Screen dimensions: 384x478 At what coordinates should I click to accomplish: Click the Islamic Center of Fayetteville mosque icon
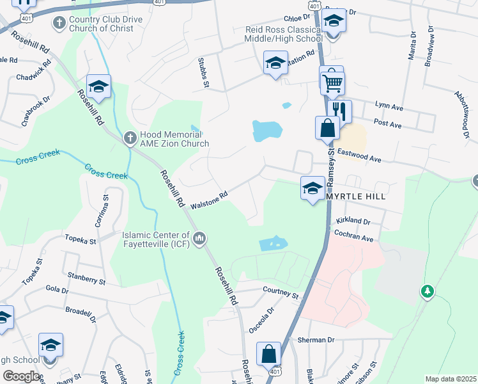(x=199, y=239)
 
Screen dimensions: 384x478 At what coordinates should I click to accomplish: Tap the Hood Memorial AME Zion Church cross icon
(x=130, y=137)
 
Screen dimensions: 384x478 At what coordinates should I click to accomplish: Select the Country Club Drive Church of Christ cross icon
(x=59, y=24)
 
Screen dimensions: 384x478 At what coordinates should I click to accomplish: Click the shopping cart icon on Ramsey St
(x=332, y=82)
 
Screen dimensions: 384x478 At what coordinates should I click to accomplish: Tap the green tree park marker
(x=428, y=292)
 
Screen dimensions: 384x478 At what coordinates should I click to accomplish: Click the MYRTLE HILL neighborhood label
(x=356, y=196)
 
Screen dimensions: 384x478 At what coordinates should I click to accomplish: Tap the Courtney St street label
(x=281, y=292)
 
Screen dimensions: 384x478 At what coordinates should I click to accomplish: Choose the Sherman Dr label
(x=316, y=340)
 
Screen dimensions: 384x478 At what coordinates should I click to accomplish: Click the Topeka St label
(x=80, y=241)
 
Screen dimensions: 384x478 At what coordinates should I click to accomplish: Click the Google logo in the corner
(x=20, y=376)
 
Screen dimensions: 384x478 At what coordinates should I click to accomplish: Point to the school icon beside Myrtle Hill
(x=312, y=188)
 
